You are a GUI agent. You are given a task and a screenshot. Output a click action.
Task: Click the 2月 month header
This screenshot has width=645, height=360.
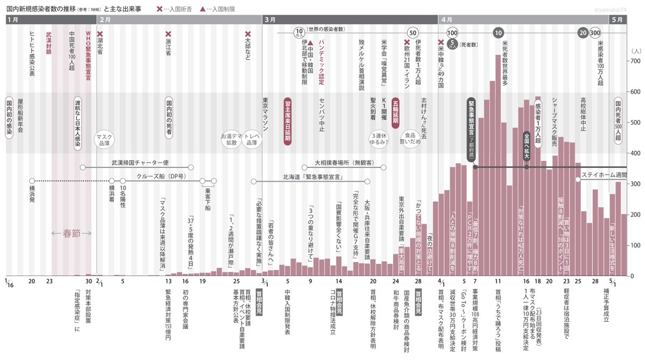[105, 19]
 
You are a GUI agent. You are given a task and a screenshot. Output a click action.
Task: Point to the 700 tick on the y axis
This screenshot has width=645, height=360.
[635, 61]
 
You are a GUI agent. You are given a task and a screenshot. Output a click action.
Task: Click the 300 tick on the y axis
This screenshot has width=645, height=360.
[635, 184]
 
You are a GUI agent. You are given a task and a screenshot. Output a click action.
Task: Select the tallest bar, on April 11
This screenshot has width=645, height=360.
[498, 178]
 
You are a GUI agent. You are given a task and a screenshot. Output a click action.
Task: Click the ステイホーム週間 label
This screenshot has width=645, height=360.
[604, 175]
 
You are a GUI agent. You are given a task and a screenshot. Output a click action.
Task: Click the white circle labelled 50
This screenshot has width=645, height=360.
[413, 33]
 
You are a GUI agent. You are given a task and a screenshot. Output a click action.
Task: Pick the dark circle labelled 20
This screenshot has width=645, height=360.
[582, 33]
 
